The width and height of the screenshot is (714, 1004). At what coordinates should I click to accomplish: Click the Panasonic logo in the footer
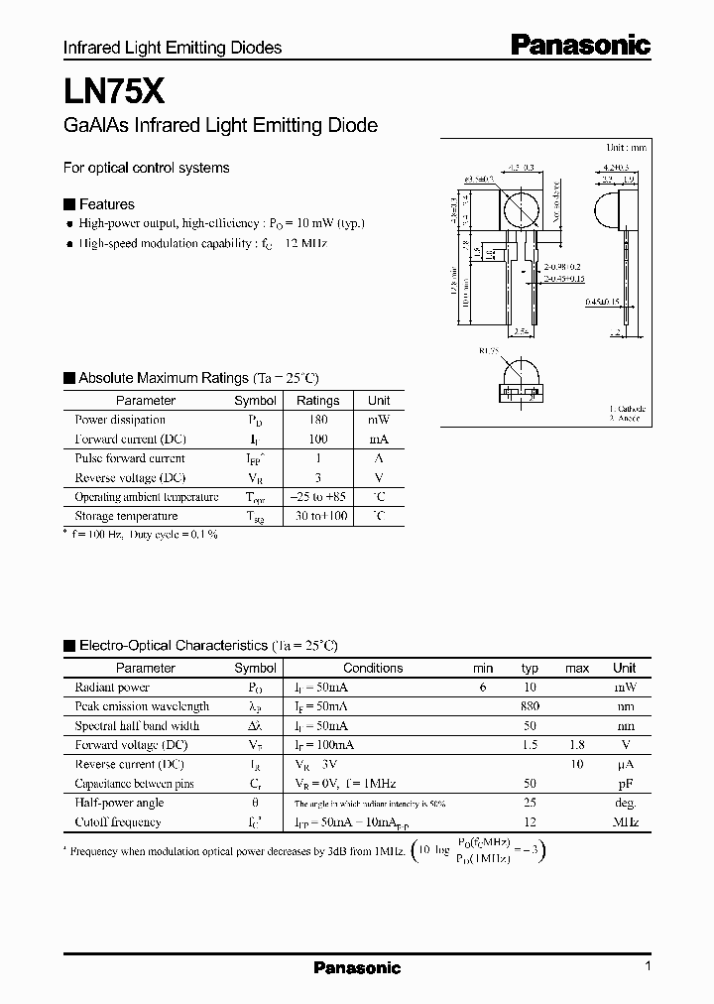tap(357, 967)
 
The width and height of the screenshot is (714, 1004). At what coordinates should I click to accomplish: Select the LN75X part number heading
tap(107, 92)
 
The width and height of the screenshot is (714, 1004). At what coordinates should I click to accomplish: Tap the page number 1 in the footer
tap(647, 967)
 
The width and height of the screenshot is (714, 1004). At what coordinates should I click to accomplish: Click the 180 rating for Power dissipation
tap(317, 420)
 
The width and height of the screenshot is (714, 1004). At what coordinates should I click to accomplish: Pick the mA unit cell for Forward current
tap(378, 439)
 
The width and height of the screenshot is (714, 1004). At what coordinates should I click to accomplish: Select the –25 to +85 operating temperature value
tap(317, 496)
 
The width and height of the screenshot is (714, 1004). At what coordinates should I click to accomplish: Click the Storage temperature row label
tap(126, 516)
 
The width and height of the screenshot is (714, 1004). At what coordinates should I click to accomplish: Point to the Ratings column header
tap(317, 401)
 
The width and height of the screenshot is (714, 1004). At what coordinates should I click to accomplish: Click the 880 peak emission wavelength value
tap(530, 706)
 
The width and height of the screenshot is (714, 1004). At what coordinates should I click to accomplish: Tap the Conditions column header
tap(373, 668)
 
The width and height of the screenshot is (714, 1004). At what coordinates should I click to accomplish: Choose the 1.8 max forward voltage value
tap(577, 745)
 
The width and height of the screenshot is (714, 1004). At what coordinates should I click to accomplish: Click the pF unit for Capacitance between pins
tap(625, 784)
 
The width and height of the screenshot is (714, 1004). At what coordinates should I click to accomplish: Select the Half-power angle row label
tap(119, 803)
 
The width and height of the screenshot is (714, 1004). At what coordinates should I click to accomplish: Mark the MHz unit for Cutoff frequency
tap(625, 822)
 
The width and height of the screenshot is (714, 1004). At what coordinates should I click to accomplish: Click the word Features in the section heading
tap(106, 204)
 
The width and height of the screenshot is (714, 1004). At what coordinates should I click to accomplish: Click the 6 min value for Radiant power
tap(483, 687)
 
